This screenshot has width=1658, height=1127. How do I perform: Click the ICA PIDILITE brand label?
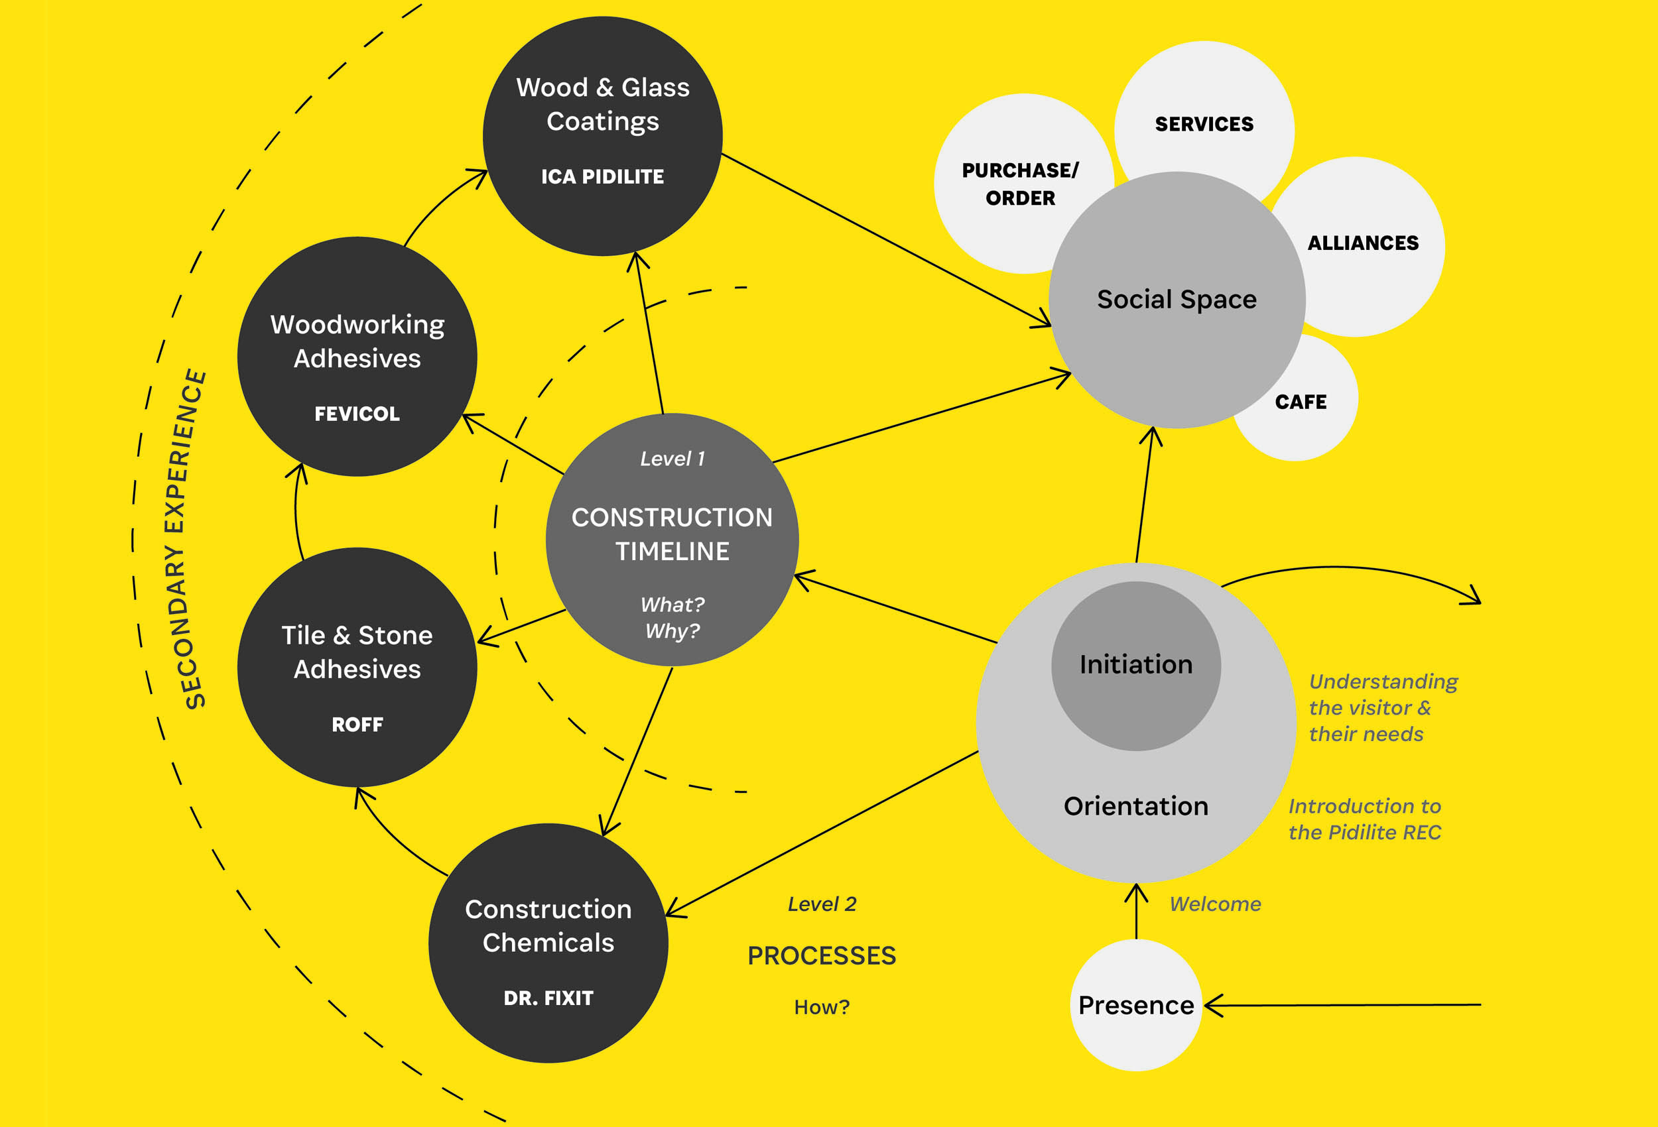click(602, 176)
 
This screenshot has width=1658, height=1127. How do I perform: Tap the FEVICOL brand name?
click(357, 414)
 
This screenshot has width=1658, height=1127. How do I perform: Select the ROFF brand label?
click(357, 725)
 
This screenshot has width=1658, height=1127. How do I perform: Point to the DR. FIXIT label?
click(548, 998)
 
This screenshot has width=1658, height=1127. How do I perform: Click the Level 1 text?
click(672, 459)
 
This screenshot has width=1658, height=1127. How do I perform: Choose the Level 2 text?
click(822, 904)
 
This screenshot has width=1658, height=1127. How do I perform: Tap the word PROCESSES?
click(822, 956)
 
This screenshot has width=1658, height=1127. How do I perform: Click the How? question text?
click(822, 1007)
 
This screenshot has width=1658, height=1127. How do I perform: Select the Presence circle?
click(1136, 1005)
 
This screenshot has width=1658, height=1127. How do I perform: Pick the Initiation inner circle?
click(1136, 665)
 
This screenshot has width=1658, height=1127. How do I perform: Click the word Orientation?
click(1136, 806)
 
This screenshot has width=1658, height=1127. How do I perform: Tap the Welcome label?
click(1215, 904)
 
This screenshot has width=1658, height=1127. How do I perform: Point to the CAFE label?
click(1301, 402)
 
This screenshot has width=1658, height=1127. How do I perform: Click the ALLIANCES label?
click(1363, 243)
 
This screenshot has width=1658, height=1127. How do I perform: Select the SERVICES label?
click(1204, 124)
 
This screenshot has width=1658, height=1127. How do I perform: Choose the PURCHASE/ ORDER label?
click(1020, 184)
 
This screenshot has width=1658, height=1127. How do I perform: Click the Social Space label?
click(1177, 300)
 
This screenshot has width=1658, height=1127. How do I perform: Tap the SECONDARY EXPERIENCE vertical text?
click(187, 538)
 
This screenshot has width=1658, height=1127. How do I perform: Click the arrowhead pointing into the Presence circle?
click(1211, 1005)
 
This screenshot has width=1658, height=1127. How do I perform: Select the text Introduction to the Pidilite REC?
click(1364, 819)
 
